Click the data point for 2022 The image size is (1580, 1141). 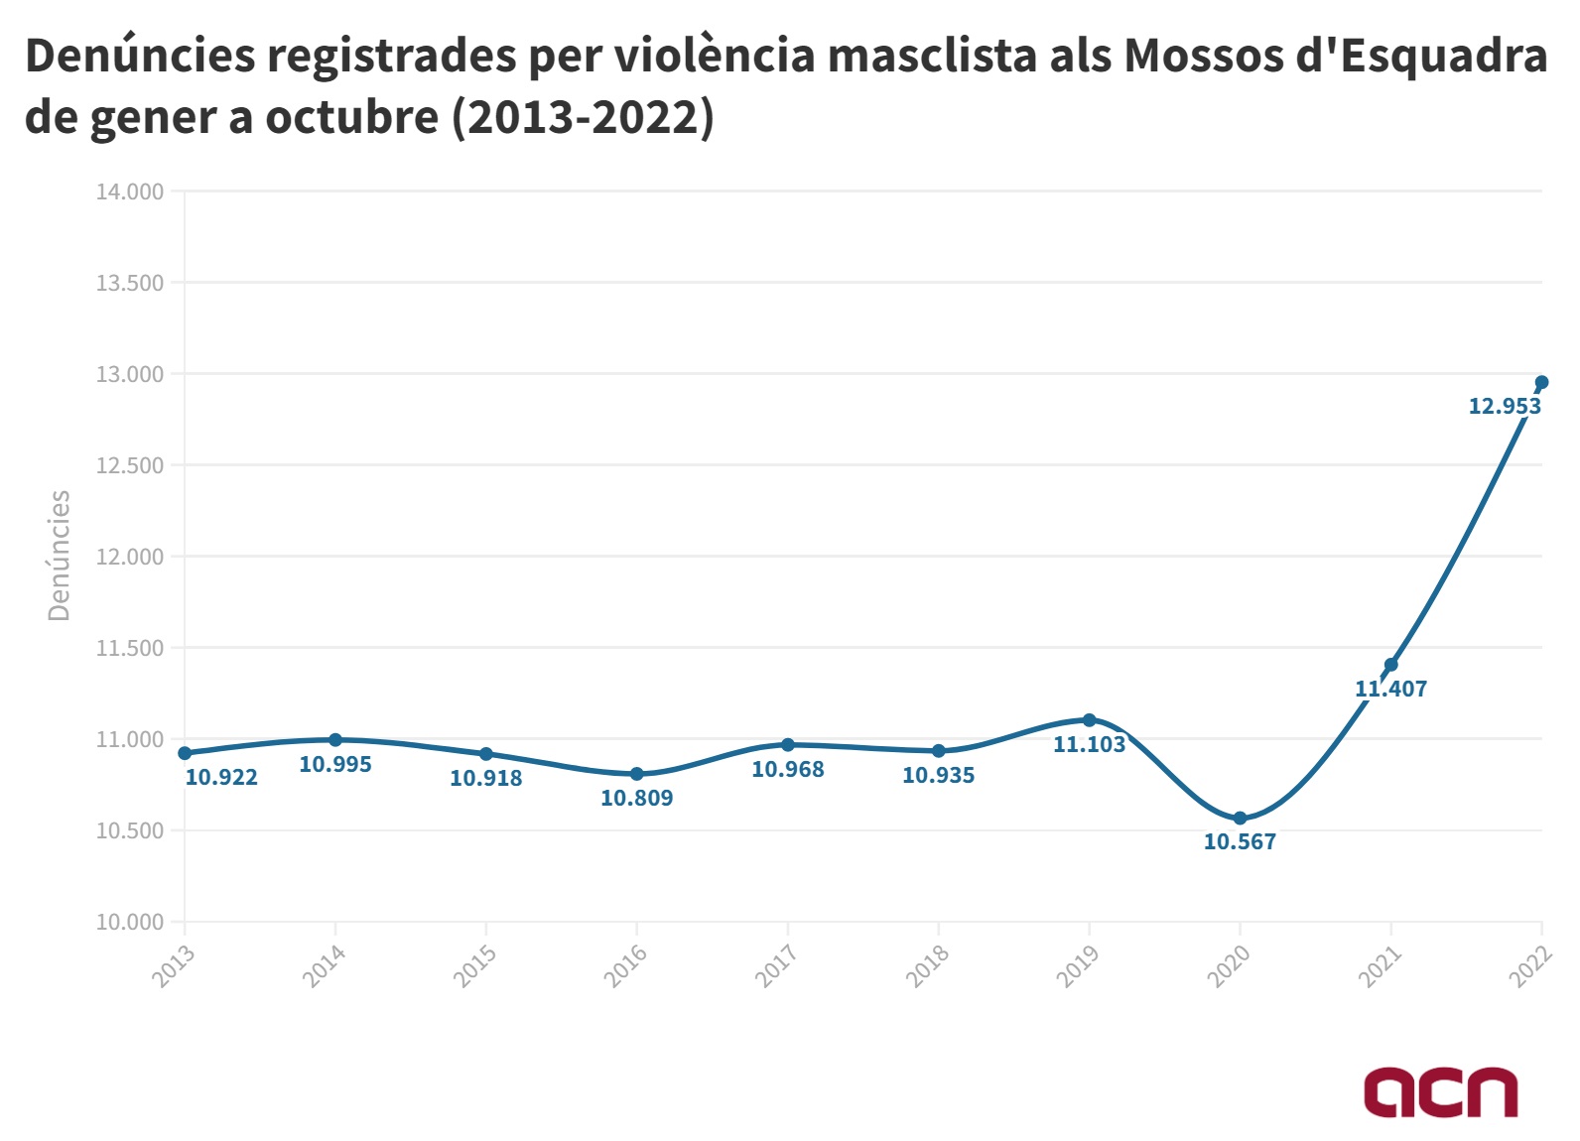click(1541, 382)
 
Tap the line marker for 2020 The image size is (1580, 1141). click(1240, 818)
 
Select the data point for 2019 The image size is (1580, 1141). click(1089, 719)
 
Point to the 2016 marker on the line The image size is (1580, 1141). click(636, 774)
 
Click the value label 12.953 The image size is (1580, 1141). click(1504, 406)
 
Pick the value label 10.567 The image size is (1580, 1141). click(1240, 842)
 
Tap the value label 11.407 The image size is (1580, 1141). click(1390, 689)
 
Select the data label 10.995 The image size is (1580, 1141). click(334, 764)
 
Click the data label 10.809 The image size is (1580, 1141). click(636, 798)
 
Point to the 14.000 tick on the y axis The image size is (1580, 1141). click(129, 191)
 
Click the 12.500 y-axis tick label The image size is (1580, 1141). click(129, 465)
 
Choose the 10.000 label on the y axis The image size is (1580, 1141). click(129, 922)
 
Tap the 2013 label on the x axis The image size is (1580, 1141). click(174, 965)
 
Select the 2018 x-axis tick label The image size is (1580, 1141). click(928, 965)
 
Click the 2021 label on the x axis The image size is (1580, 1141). click(1381, 965)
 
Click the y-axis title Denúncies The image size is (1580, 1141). click(60, 556)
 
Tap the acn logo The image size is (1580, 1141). click(1440, 1091)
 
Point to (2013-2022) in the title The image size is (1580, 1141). click(583, 117)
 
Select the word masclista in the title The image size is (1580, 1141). click(932, 56)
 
